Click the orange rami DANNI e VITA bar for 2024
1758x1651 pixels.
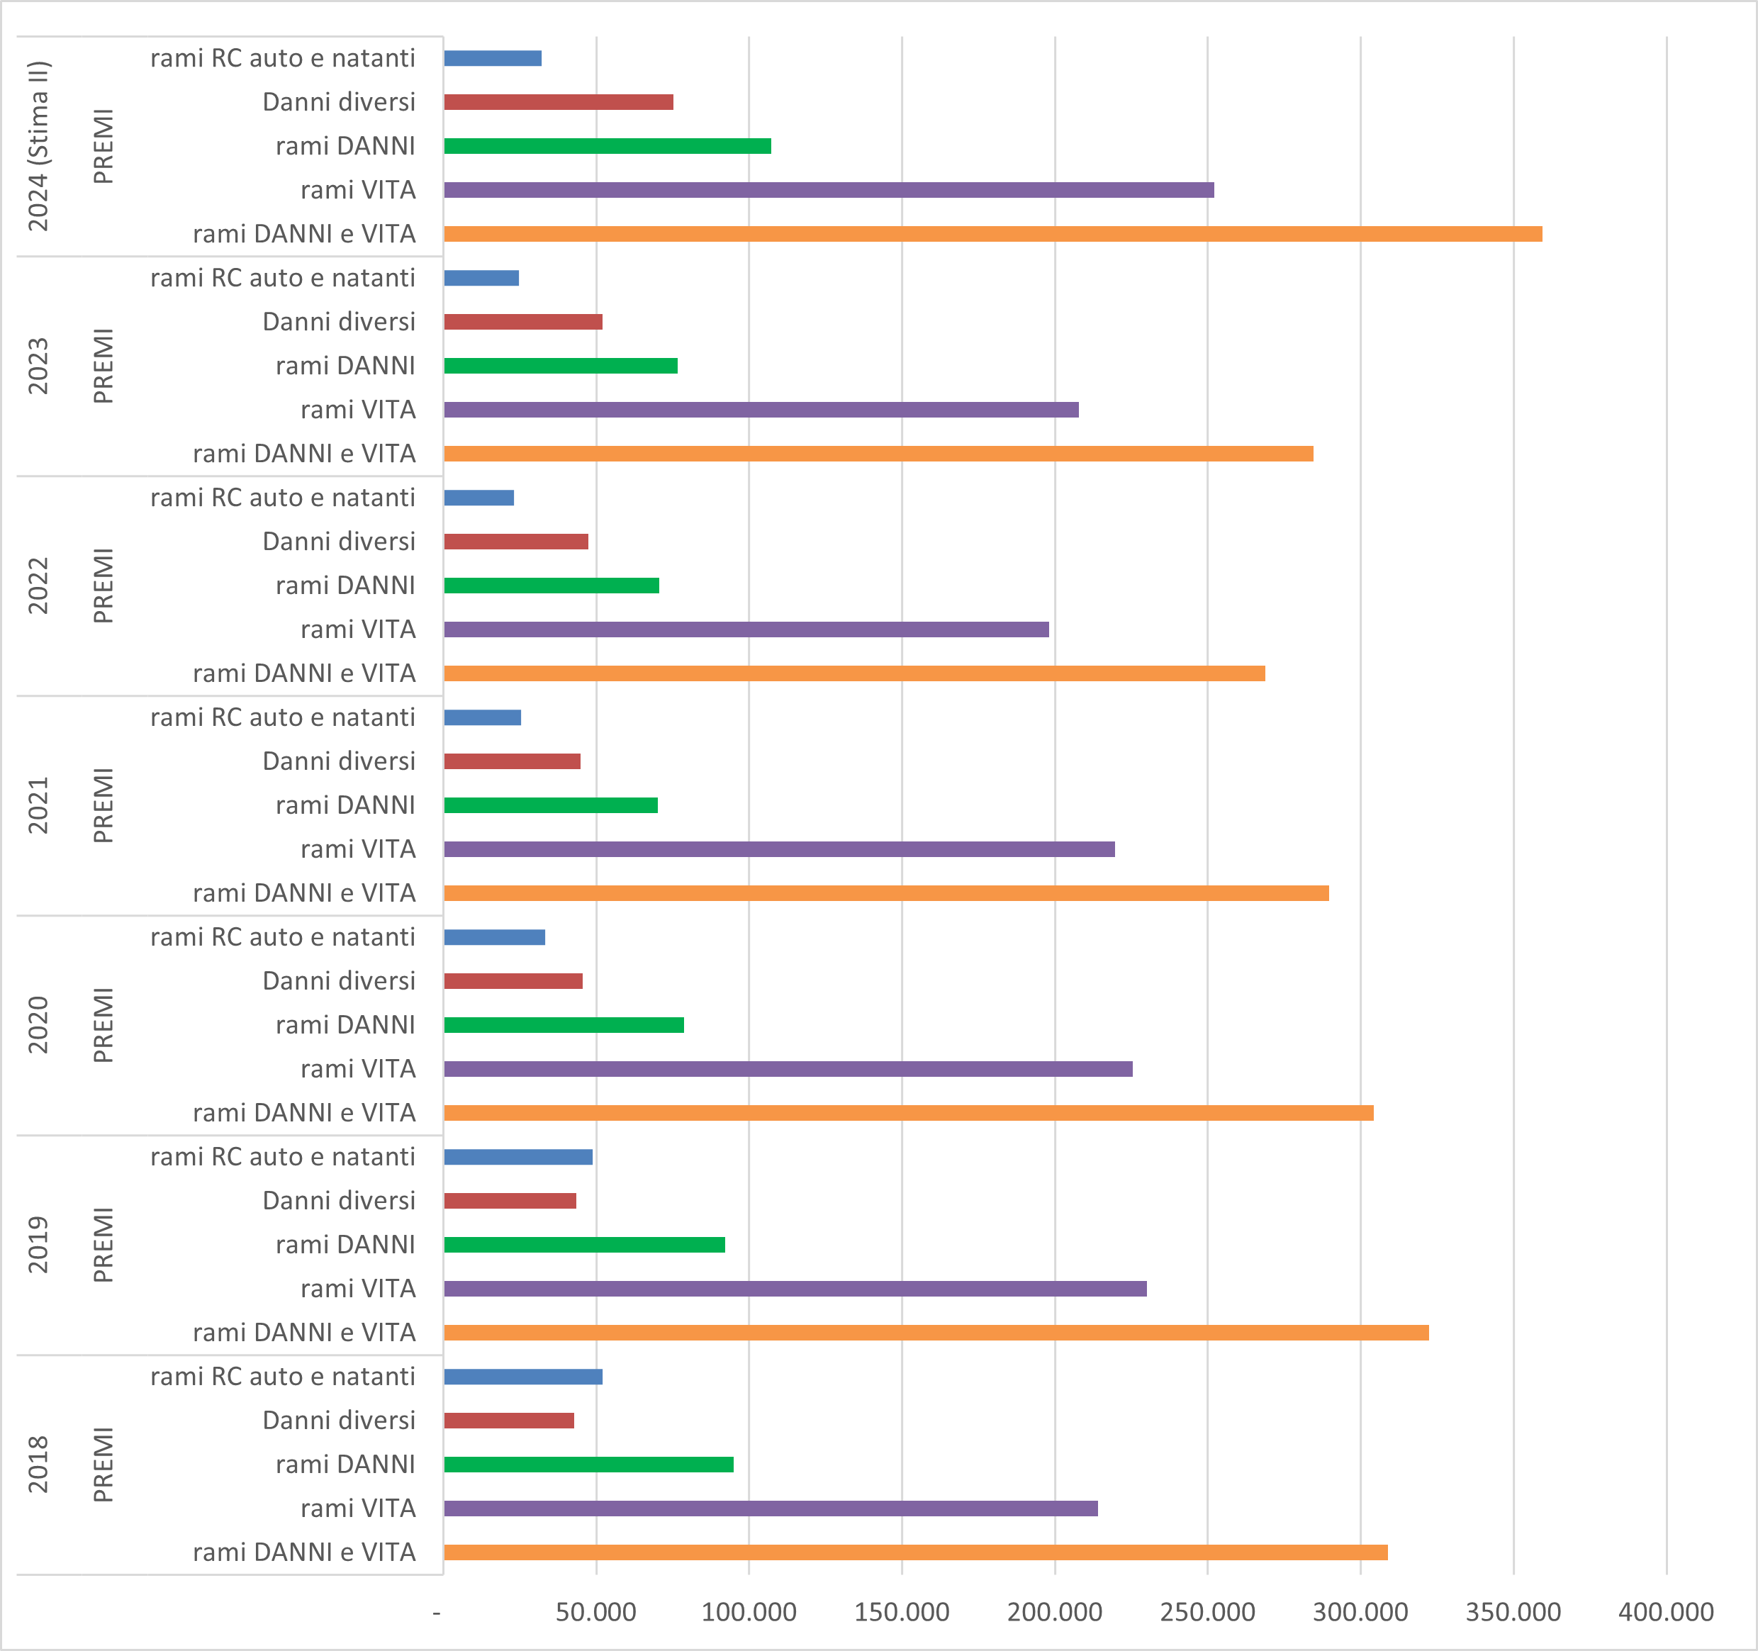992,233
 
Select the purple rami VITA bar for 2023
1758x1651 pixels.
761,410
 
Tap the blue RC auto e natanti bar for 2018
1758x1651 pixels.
522,1376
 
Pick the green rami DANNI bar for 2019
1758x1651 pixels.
583,1244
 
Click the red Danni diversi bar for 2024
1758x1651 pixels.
558,101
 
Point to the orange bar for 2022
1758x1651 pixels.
854,673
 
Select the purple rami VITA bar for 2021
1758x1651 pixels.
778,849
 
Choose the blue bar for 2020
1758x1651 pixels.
494,936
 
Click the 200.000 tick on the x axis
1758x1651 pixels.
1054,1612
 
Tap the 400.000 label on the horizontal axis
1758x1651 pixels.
1665,1612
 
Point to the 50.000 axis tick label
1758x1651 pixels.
595,1612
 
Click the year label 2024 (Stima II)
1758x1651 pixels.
38,146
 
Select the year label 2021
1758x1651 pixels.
38,805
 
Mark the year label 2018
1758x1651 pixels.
38,1464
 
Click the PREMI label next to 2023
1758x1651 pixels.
103,365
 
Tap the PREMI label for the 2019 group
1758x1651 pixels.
103,1244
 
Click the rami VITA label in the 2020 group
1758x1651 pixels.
357,1068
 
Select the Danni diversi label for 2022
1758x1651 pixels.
339,541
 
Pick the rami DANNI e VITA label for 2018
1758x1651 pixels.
304,1552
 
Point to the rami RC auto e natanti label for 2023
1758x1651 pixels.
282,278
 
